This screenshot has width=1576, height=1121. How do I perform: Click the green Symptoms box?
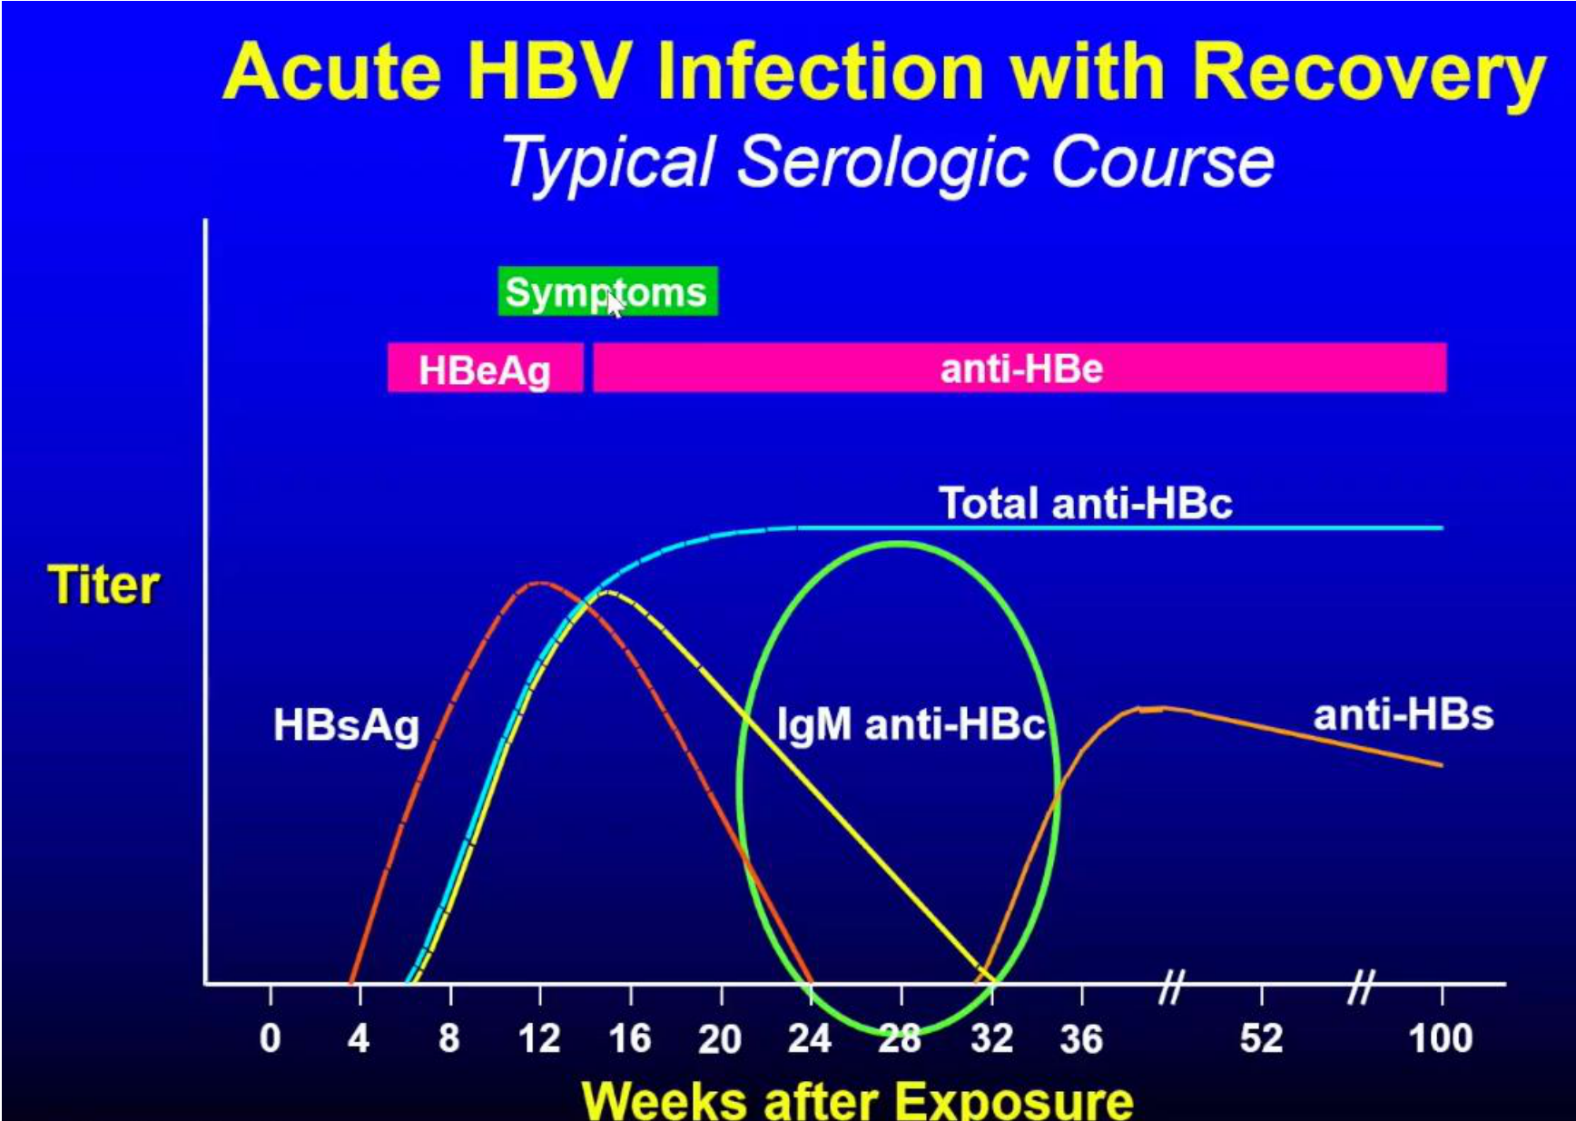607,291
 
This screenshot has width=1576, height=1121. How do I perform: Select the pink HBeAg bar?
485,368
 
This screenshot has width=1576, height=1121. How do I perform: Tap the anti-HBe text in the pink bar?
1021,369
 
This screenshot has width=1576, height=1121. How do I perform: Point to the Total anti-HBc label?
1085,503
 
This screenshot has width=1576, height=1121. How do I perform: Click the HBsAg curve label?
346,725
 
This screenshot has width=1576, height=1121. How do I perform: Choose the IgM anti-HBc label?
911,724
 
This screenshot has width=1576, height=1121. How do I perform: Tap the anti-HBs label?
1403,715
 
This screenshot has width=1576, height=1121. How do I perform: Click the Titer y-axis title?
103,585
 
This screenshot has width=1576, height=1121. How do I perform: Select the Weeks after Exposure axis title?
857,1099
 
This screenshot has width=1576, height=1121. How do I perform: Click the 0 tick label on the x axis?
270,1038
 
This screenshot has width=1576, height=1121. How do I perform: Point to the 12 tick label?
539,1038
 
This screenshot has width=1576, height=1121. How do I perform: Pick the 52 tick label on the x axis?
1261,1038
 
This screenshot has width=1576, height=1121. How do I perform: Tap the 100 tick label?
1441,1038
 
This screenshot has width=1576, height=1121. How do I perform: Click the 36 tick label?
1081,1038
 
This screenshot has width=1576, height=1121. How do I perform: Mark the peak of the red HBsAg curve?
541,583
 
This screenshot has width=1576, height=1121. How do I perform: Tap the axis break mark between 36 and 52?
1172,987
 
